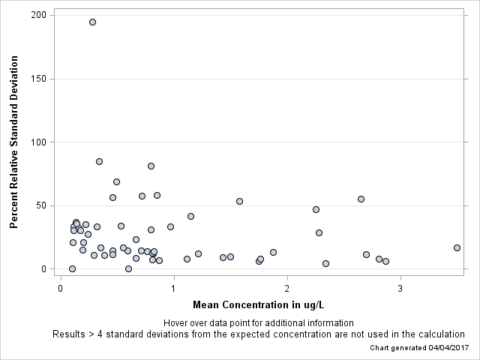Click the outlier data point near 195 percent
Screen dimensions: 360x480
[x=92, y=22]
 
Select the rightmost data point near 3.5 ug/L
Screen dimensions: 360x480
[x=457, y=247]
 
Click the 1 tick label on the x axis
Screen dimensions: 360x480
[x=173, y=286]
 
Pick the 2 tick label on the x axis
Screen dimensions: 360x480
[x=286, y=286]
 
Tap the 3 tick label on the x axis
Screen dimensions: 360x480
[x=400, y=286]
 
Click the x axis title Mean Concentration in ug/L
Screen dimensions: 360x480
[x=258, y=304]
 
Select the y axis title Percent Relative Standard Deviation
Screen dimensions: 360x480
[x=14, y=142]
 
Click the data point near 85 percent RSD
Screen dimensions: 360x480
[x=99, y=161]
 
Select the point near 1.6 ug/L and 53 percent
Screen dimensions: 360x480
[x=239, y=201]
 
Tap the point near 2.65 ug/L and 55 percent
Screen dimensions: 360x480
[x=361, y=199]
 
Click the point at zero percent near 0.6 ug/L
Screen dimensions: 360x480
[x=128, y=268]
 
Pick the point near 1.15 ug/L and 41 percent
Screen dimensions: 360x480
[x=190, y=216]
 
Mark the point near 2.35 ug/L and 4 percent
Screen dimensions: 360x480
[x=325, y=263]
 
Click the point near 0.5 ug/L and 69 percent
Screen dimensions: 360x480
[x=116, y=181]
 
